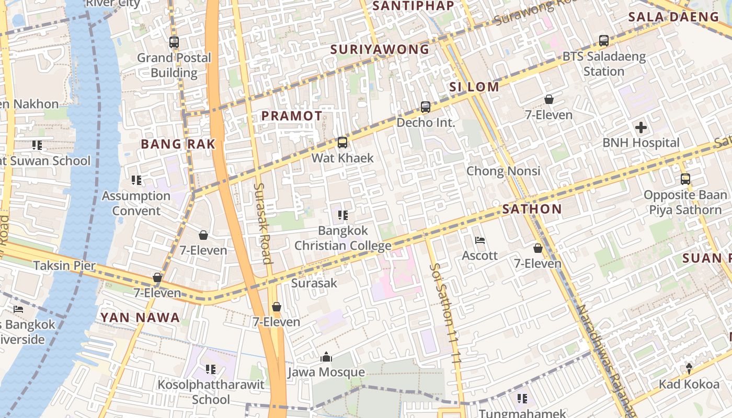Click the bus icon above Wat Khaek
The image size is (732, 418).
point(342,142)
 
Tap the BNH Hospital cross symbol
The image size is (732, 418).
point(641,127)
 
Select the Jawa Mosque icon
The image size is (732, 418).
point(326,357)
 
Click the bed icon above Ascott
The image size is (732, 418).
point(480,240)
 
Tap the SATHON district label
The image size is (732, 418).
point(532,210)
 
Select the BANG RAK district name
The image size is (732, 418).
point(178,144)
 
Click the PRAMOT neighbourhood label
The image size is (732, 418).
point(292,116)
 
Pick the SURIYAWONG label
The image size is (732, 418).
point(380,50)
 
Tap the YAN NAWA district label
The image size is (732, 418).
point(140,317)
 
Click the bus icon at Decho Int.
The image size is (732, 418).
point(426,107)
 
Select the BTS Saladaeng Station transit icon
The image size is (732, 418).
point(604,41)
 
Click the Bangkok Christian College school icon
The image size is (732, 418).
point(343,215)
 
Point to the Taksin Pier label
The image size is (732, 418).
point(65,265)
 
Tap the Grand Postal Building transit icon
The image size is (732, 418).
point(174,42)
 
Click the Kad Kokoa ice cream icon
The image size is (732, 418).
point(689,368)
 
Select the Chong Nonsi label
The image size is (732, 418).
point(503,171)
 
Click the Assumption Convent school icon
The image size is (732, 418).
point(136,180)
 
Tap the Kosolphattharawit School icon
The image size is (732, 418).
point(211,369)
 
